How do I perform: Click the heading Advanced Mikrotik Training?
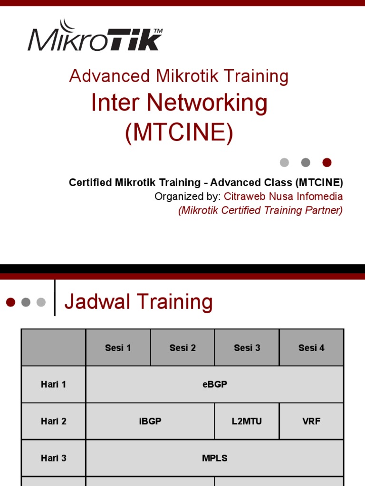tap(179, 76)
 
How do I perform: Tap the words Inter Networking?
tap(179, 103)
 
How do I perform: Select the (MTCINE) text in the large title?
tap(179, 132)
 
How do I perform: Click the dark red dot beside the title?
tap(327, 162)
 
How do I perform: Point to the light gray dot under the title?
tap(284, 162)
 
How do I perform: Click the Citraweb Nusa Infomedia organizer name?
tap(283, 196)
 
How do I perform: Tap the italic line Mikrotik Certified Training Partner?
tap(260, 210)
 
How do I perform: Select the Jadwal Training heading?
tap(138, 302)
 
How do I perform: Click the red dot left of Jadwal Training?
tap(11, 302)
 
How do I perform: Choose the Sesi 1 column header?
tap(118, 348)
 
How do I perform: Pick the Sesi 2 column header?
tap(182, 348)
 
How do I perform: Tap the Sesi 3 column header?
tap(247, 348)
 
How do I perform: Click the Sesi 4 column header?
tap(311, 348)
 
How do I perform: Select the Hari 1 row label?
tap(53, 384)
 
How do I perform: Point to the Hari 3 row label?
tap(53, 458)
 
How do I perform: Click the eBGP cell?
tap(214, 384)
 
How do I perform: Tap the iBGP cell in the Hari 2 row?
tap(150, 421)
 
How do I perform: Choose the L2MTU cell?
tap(247, 421)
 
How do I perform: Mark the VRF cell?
tap(311, 421)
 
